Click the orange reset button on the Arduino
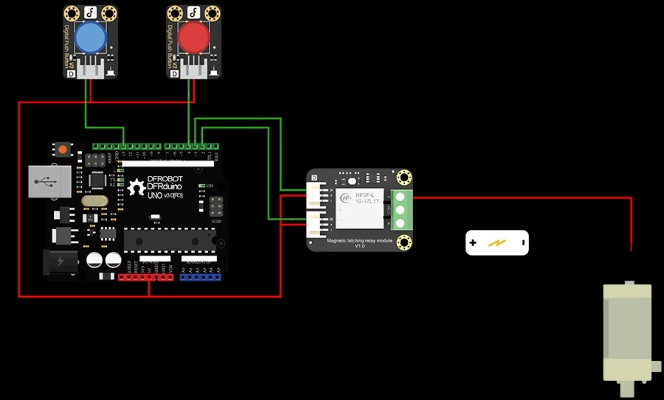click(x=63, y=150)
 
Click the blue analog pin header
click(x=201, y=278)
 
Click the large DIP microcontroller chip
click(x=170, y=240)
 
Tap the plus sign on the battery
click(x=473, y=242)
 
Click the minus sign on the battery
click(x=522, y=242)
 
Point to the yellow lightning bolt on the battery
click(x=498, y=242)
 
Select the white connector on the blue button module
click(x=94, y=69)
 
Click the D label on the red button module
click(x=176, y=74)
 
